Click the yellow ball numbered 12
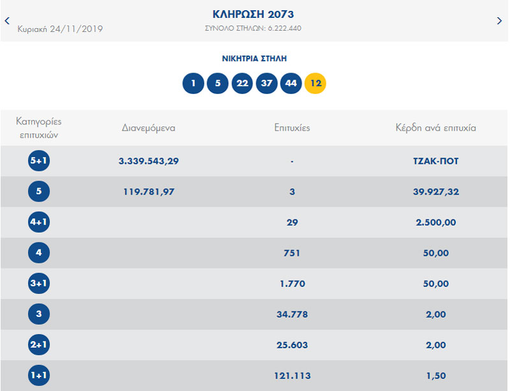(x=315, y=84)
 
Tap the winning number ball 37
(x=266, y=84)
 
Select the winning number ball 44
(x=291, y=84)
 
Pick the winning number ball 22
(x=242, y=84)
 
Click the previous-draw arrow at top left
(x=7, y=21)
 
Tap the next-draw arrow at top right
(x=499, y=21)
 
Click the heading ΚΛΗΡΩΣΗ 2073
(x=253, y=14)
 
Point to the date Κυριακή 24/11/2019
(x=60, y=29)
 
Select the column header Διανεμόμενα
(x=149, y=128)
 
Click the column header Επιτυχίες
(x=292, y=128)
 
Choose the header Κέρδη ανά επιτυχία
(x=435, y=128)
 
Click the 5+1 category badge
(x=39, y=161)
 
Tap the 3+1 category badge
(x=39, y=283)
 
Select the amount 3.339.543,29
(x=149, y=161)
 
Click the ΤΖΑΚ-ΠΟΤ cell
(x=435, y=161)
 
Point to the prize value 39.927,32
(x=435, y=191)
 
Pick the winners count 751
(x=292, y=253)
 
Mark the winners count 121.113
(x=292, y=376)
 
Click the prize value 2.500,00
(x=435, y=222)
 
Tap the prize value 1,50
(x=435, y=376)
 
